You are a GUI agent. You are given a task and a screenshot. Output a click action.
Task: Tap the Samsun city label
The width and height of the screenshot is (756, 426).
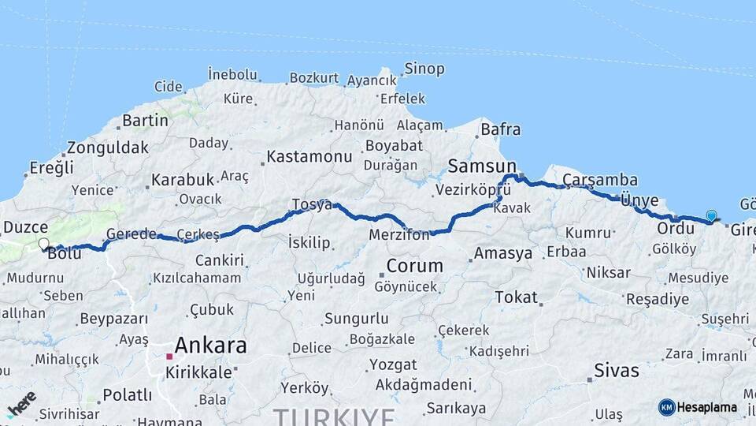click(x=482, y=166)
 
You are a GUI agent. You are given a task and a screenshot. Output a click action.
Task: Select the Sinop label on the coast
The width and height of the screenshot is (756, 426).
click(x=424, y=69)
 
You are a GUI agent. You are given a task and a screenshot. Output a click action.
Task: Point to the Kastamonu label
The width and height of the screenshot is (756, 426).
click(x=309, y=156)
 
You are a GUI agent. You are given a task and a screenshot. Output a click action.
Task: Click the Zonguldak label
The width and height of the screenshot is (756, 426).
click(x=107, y=148)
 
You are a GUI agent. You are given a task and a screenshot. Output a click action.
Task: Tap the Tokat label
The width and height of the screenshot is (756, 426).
click(x=516, y=297)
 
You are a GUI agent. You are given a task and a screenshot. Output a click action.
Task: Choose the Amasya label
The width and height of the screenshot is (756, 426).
click(x=502, y=254)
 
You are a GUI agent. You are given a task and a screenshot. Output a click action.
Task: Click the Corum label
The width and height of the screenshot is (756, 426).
click(x=414, y=265)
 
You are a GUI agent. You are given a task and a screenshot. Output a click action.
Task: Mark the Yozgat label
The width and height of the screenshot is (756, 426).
click(x=393, y=364)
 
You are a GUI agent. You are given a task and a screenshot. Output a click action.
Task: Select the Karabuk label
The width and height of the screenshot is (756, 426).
click(x=183, y=179)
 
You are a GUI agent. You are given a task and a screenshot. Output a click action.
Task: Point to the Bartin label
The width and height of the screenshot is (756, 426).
click(x=145, y=121)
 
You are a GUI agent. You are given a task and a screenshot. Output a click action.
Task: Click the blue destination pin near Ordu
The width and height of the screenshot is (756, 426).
click(x=711, y=215)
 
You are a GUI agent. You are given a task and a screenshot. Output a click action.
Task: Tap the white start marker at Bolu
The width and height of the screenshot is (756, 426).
click(x=43, y=245)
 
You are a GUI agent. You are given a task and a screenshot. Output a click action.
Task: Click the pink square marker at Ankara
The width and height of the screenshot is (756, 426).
click(x=169, y=357)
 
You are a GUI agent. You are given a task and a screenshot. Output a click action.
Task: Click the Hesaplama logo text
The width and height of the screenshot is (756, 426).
click(x=706, y=408)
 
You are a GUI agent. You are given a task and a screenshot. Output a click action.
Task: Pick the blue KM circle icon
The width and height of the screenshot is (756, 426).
click(x=666, y=408)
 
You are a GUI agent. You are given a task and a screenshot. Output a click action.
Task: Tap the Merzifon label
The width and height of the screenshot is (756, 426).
click(x=399, y=235)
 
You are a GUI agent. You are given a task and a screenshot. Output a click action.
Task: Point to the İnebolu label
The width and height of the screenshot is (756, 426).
click(x=232, y=74)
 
